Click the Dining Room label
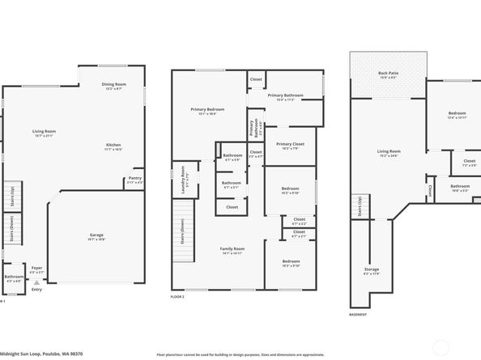114,84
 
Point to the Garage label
96,235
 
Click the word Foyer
36,267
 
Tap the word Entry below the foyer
36,290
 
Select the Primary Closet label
288,145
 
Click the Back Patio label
389,74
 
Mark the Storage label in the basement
372,269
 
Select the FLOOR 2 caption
177,298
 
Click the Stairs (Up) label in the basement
357,206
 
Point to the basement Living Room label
389,151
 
